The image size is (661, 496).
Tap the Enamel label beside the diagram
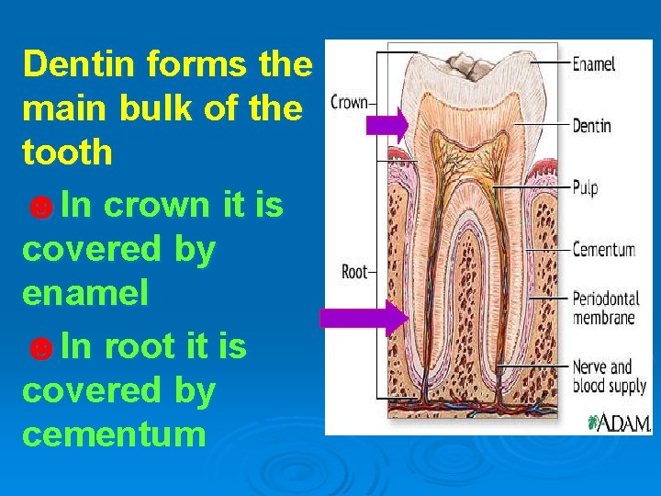pos(594,64)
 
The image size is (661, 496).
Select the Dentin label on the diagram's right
pos(592,126)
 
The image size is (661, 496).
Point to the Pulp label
pos(585,187)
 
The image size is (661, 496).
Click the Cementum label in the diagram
pos(603,249)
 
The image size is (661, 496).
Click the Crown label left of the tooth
pos(348,102)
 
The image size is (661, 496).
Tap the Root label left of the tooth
pos(353,271)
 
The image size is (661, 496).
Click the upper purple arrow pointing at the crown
pos(387,124)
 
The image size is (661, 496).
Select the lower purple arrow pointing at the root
pos(363,318)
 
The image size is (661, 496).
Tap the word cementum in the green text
pos(114,434)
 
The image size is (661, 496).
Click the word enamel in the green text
pos(84,294)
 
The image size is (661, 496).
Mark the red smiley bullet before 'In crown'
pos(40,208)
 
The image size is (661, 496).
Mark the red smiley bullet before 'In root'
pos(40,348)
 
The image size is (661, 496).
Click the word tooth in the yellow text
pos(67,152)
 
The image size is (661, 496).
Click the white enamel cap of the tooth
pos(477,78)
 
